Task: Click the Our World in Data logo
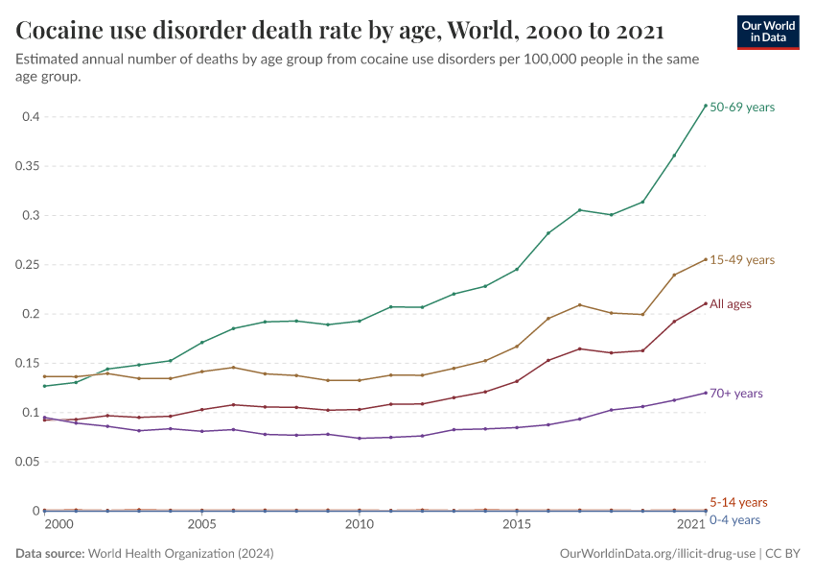coord(767,32)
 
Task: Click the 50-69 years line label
coord(742,108)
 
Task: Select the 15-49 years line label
coord(742,260)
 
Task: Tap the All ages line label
coord(731,304)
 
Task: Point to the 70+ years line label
coord(736,394)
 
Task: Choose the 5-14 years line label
coord(738,502)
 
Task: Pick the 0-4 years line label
coord(735,519)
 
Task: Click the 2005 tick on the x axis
coord(201,525)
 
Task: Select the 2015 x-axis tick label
coord(517,525)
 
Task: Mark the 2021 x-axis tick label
coord(690,525)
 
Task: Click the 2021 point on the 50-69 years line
coord(706,106)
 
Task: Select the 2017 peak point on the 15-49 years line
coord(580,305)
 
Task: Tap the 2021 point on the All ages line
coord(706,304)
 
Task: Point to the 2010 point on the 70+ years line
coord(360,439)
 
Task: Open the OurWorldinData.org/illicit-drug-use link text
coord(657,554)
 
